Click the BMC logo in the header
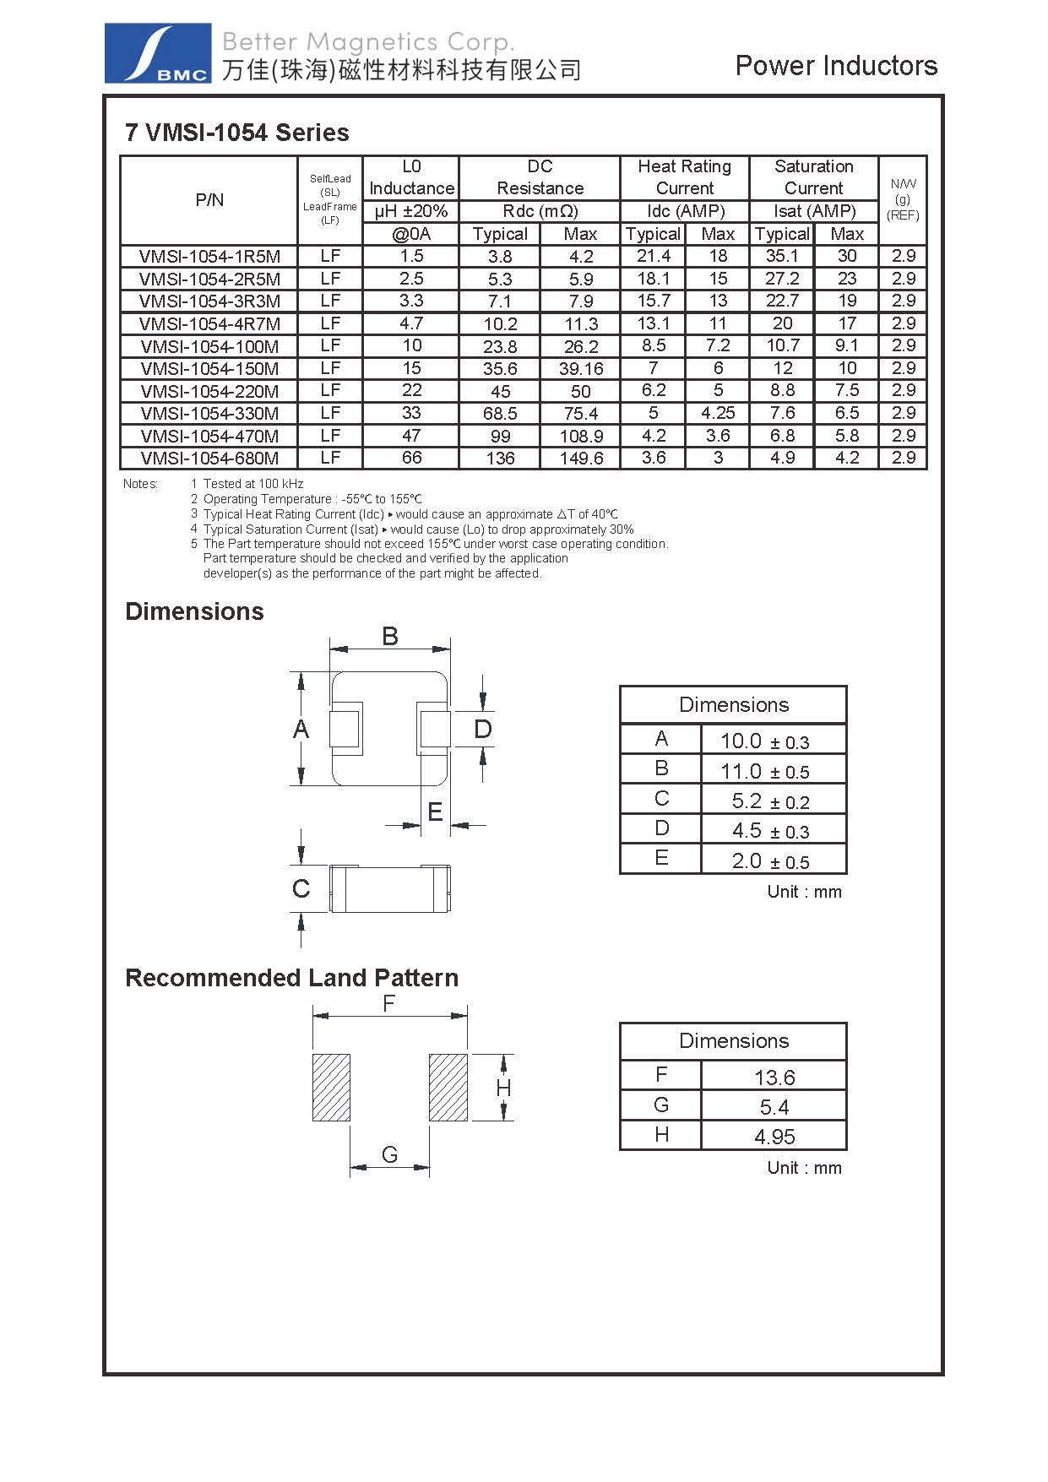(x=157, y=53)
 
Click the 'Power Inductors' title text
(x=836, y=66)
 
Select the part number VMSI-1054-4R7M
(x=209, y=323)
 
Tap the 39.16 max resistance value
(x=581, y=369)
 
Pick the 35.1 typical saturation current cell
(x=782, y=256)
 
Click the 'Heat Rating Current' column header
(x=684, y=177)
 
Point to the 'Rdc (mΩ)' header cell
(x=540, y=211)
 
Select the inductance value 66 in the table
(x=411, y=458)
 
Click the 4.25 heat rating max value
(x=718, y=413)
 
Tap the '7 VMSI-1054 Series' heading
(x=236, y=133)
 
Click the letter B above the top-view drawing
(x=389, y=636)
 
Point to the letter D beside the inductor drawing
(x=482, y=729)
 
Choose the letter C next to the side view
(x=301, y=888)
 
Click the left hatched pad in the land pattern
(x=331, y=1088)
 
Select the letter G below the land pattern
(x=389, y=1154)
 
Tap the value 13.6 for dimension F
(x=774, y=1078)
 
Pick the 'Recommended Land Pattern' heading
(x=291, y=978)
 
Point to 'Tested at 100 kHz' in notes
(x=253, y=484)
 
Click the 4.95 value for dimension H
(x=774, y=1137)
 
